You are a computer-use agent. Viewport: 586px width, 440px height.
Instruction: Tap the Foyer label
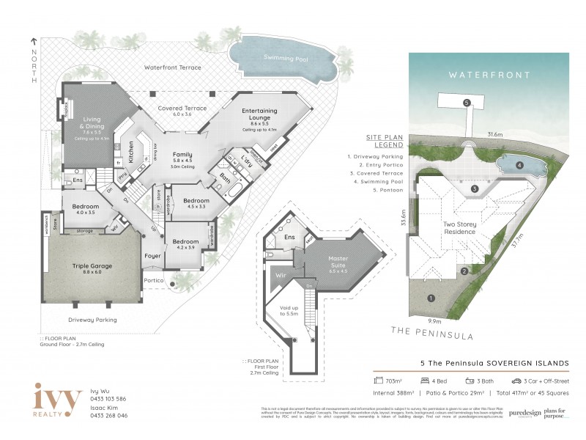click(152, 256)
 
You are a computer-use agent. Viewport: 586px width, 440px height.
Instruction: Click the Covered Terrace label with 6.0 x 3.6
click(181, 111)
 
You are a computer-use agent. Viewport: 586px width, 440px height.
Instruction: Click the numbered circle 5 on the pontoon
click(467, 103)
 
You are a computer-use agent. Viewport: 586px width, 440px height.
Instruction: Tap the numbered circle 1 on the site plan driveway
click(430, 298)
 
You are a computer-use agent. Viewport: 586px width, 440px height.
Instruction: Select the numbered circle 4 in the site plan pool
click(519, 166)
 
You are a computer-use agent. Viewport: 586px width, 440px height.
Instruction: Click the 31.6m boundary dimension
click(495, 134)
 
